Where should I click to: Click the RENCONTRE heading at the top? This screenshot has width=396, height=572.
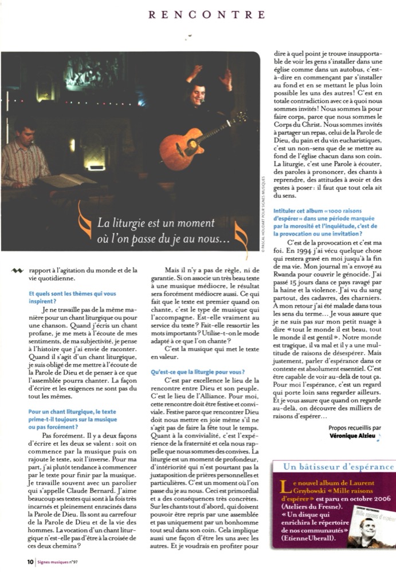click(207, 14)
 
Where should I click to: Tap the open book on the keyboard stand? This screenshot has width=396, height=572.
click(67, 181)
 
